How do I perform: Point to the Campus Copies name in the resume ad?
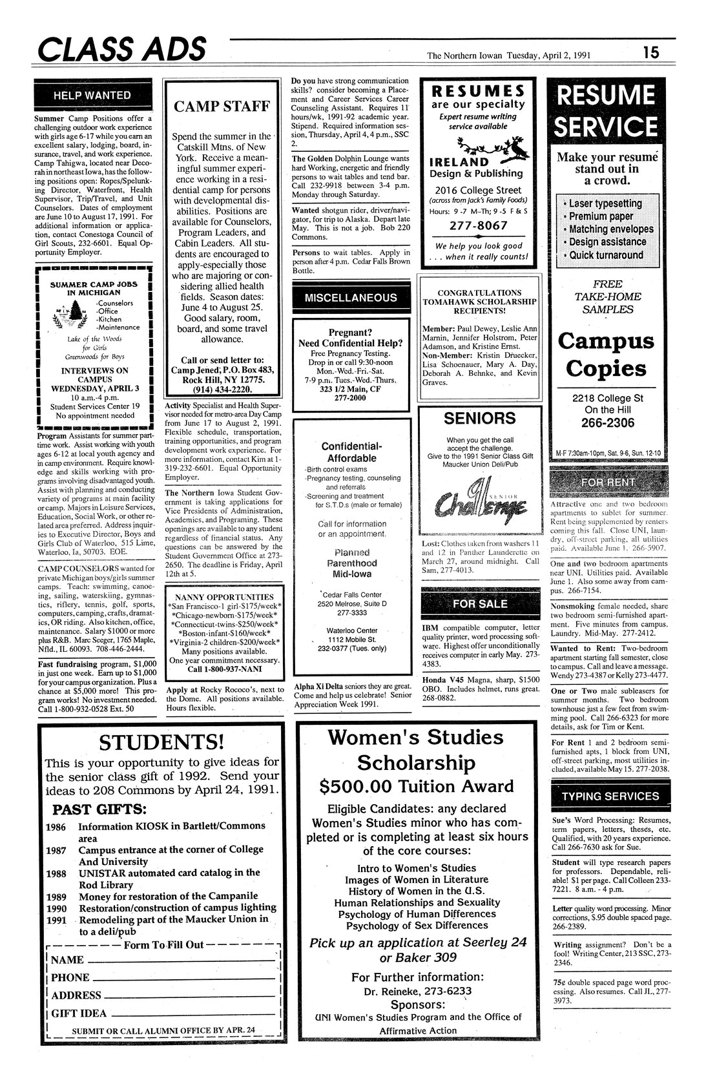(x=606, y=355)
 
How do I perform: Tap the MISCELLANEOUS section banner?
(x=351, y=297)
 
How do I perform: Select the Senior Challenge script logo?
(x=477, y=497)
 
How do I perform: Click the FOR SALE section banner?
(x=479, y=603)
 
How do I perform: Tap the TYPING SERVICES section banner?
(x=610, y=796)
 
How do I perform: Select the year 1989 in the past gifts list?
(x=56, y=897)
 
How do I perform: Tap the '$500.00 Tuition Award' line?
(x=417, y=786)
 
